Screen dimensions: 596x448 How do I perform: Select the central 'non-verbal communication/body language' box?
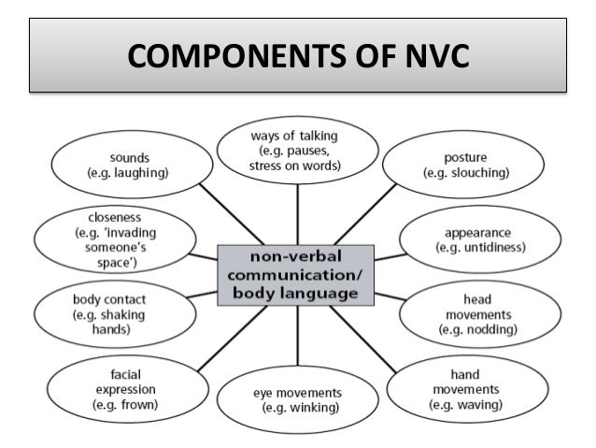coord(296,275)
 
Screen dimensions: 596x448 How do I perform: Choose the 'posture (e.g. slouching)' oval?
coord(466,166)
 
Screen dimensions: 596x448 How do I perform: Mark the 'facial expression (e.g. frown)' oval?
coord(125,389)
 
